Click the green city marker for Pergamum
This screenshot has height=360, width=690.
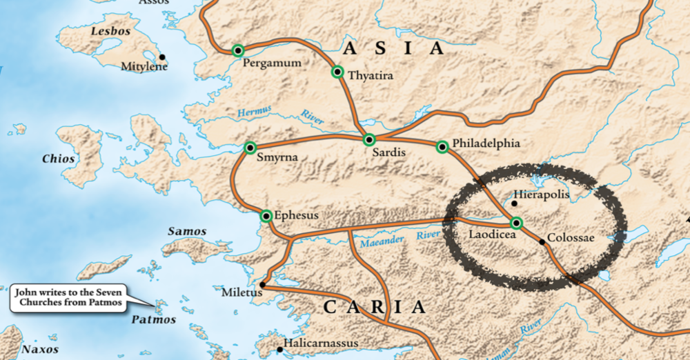(238, 50)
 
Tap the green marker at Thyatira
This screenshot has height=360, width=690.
(337, 72)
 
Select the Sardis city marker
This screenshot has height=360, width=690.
(369, 140)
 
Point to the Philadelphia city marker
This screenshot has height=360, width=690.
(442, 146)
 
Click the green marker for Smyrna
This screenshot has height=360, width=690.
(250, 147)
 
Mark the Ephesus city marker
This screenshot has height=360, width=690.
(266, 216)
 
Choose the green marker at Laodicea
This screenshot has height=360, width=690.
(516, 222)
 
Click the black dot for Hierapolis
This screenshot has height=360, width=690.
(514, 203)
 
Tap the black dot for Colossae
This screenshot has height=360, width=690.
(542, 241)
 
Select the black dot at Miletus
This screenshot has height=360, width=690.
(262, 285)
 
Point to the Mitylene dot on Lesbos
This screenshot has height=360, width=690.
(162, 57)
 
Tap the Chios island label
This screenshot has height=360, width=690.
(58, 159)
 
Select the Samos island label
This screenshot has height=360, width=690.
(188, 231)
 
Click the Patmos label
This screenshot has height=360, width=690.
(153, 320)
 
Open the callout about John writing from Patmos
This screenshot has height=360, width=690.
(68, 297)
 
